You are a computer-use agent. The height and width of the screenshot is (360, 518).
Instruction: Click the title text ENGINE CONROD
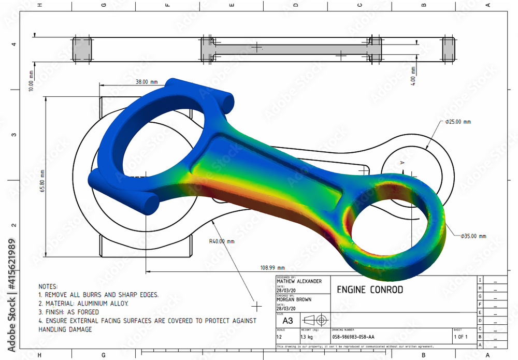click(370, 290)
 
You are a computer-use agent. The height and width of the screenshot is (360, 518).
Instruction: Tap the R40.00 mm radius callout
click(222, 241)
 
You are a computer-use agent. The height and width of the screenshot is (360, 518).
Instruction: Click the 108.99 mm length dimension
click(272, 268)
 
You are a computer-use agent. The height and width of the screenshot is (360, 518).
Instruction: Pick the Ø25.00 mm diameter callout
click(458, 122)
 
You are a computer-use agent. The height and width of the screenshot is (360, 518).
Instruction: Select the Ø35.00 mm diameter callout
click(473, 236)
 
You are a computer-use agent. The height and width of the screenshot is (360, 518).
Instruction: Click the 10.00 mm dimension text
click(32, 81)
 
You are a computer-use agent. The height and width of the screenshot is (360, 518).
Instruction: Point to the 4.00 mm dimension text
click(413, 76)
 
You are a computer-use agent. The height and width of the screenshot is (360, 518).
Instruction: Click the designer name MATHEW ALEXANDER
click(299, 281)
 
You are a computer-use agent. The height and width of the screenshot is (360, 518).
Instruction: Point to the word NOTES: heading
click(49, 286)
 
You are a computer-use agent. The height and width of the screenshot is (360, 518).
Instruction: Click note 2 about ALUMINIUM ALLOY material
click(83, 304)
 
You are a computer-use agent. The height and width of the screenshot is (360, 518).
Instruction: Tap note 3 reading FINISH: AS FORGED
click(73, 312)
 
